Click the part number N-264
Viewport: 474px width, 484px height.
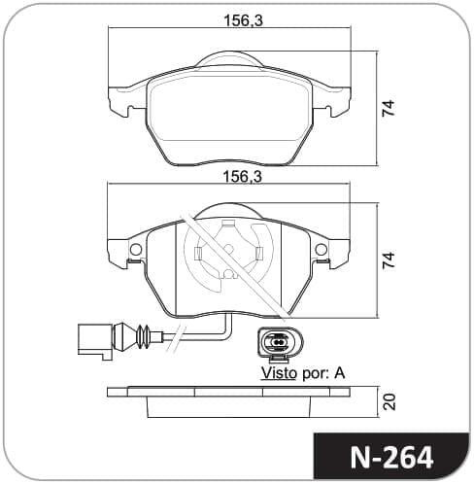pos(391,458)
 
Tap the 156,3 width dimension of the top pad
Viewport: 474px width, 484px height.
pos(244,20)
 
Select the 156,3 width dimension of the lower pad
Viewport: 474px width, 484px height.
pos(243,177)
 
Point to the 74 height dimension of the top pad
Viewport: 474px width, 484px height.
pos(389,108)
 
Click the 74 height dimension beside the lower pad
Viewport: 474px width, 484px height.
pos(389,259)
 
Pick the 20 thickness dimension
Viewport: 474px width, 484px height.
pos(389,401)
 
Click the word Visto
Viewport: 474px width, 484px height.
pos(279,373)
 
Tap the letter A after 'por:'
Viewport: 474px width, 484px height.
pos(339,373)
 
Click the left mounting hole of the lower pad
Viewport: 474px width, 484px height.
pos(136,249)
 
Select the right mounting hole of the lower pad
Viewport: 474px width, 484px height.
pos(322,249)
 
